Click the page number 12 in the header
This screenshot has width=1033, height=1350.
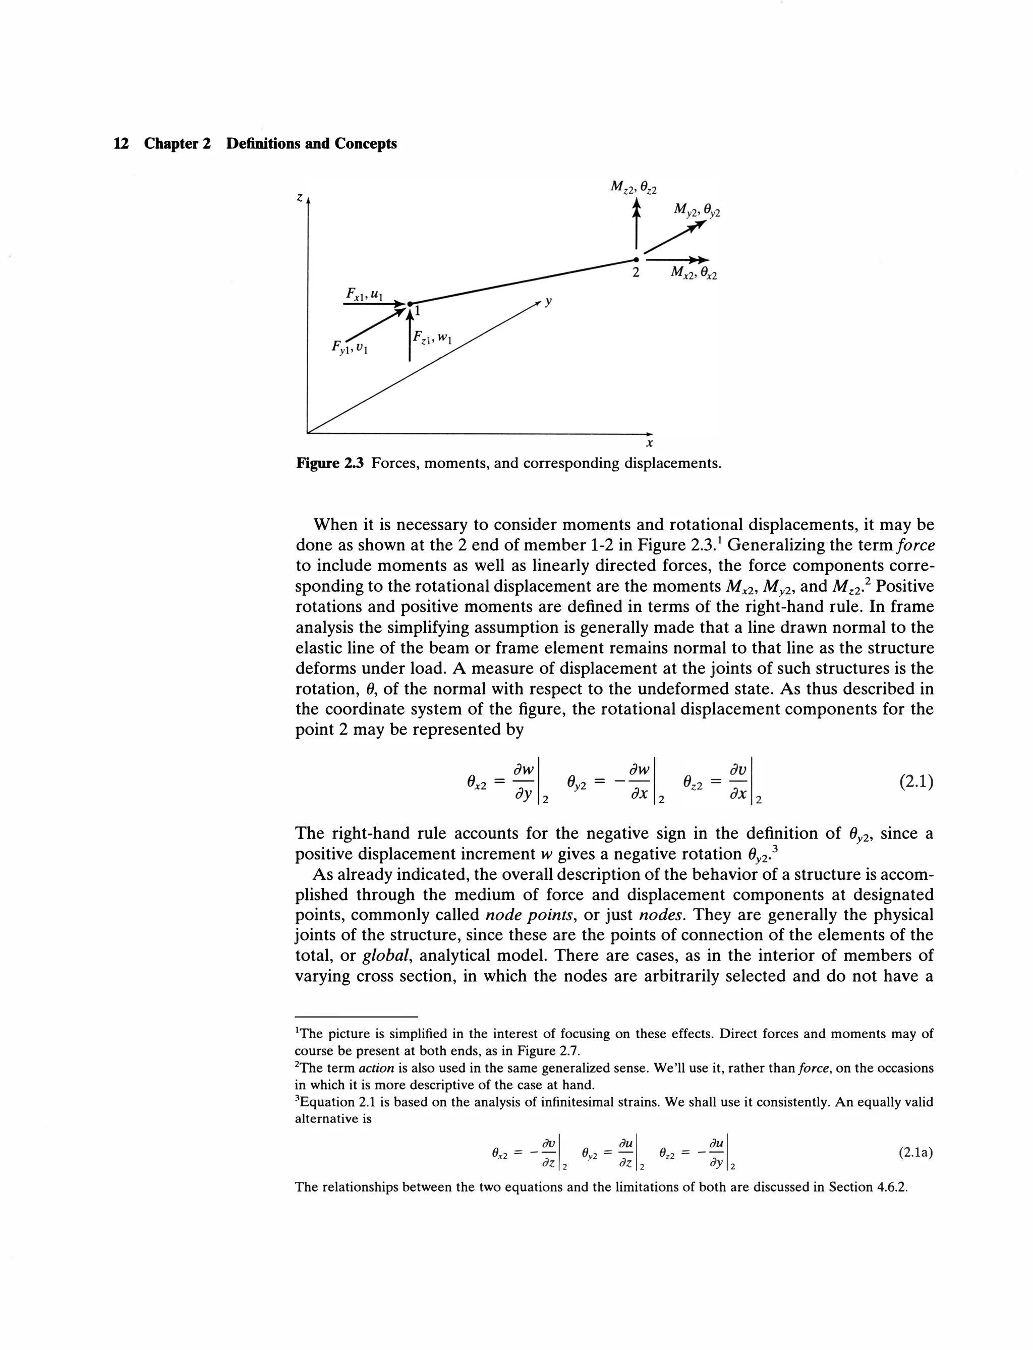121,144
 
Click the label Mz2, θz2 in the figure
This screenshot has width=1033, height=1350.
633,187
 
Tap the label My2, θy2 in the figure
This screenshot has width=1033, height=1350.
696,210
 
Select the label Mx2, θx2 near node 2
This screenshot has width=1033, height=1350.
693,272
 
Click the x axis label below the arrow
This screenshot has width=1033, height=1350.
649,443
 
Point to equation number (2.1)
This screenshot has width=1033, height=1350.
915,782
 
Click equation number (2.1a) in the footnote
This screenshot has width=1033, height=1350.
915,1153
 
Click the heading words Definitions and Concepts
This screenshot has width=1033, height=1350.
311,144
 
